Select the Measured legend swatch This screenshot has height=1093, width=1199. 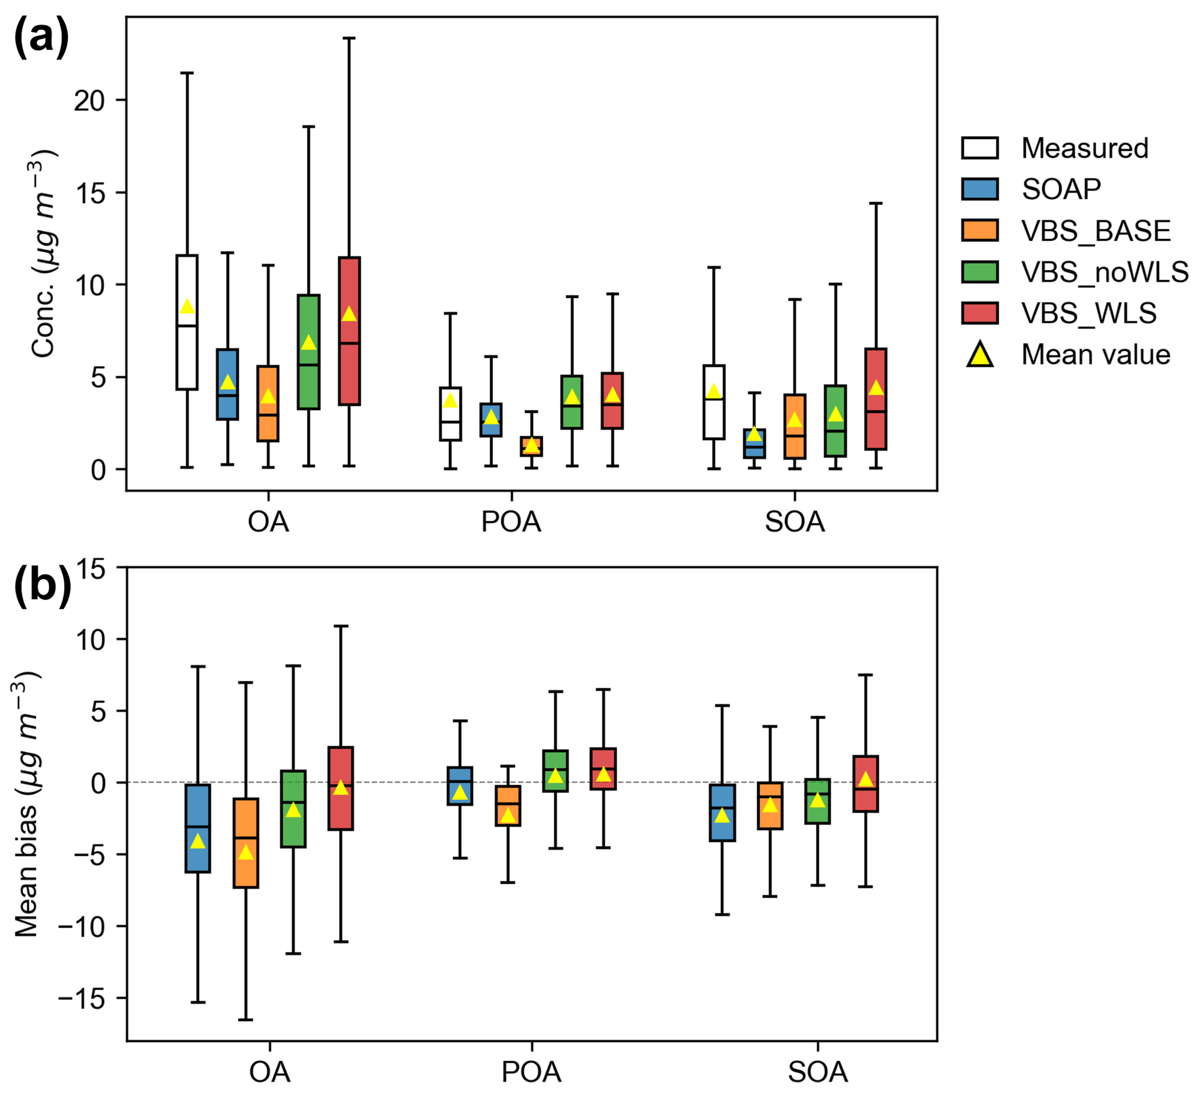(979, 148)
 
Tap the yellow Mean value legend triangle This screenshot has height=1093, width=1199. (980, 355)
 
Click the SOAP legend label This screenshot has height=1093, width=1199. (1061, 190)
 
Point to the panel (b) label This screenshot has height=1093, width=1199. (42, 587)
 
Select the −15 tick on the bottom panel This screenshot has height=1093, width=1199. (81, 998)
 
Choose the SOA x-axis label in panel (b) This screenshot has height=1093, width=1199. (817, 1073)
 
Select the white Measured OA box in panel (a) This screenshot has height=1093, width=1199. (187, 357)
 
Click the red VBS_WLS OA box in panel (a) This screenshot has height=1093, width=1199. (349, 369)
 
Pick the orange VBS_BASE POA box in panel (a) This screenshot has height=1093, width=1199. (531, 446)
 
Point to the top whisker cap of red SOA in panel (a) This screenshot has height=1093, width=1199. (875, 204)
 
